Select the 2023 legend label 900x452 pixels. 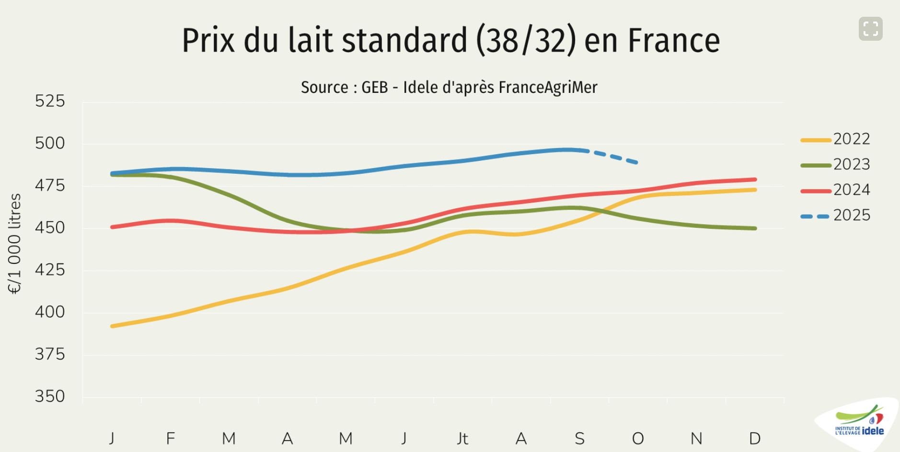[x=851, y=164]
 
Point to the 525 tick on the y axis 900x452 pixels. [x=50, y=101]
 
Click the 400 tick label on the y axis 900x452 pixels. [x=50, y=312]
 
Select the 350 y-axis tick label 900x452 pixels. [x=50, y=396]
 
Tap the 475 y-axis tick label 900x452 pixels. [x=50, y=185]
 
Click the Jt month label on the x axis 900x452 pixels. [x=462, y=438]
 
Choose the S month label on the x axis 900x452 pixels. [x=579, y=438]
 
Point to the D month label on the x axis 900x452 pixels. [x=755, y=438]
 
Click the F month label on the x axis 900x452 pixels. [x=170, y=438]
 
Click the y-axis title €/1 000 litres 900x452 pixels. [x=15, y=243]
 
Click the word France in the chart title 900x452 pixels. [x=673, y=40]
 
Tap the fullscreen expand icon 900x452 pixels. [x=870, y=29]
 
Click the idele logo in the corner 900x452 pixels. [x=860, y=423]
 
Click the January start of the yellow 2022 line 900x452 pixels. [x=113, y=326]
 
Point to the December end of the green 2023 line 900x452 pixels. [x=755, y=228]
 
